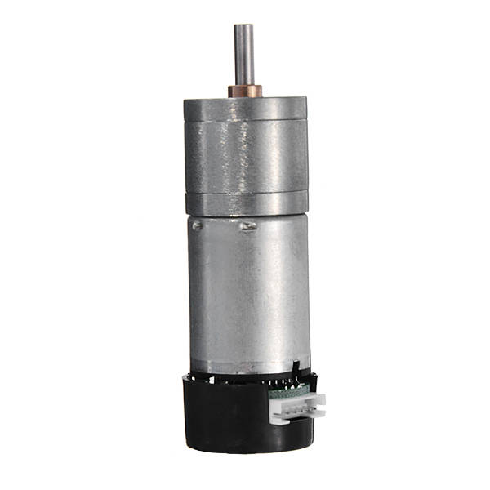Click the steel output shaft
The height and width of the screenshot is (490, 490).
pyautogui.click(x=243, y=53)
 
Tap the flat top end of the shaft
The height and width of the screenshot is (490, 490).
pyautogui.click(x=243, y=25)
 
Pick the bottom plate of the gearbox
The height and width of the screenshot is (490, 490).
pyautogui.click(x=244, y=203)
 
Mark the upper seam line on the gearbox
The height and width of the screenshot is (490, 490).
pyautogui.click(x=244, y=122)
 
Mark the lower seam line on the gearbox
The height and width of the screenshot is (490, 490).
pyautogui.click(x=244, y=192)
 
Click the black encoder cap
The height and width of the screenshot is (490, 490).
pyautogui.click(x=229, y=416)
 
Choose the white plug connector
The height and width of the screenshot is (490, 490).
pyautogui.click(x=298, y=407)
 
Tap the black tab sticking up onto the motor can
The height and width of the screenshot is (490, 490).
pyautogui.click(x=295, y=365)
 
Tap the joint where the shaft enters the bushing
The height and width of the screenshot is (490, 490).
pyautogui.click(x=243, y=83)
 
